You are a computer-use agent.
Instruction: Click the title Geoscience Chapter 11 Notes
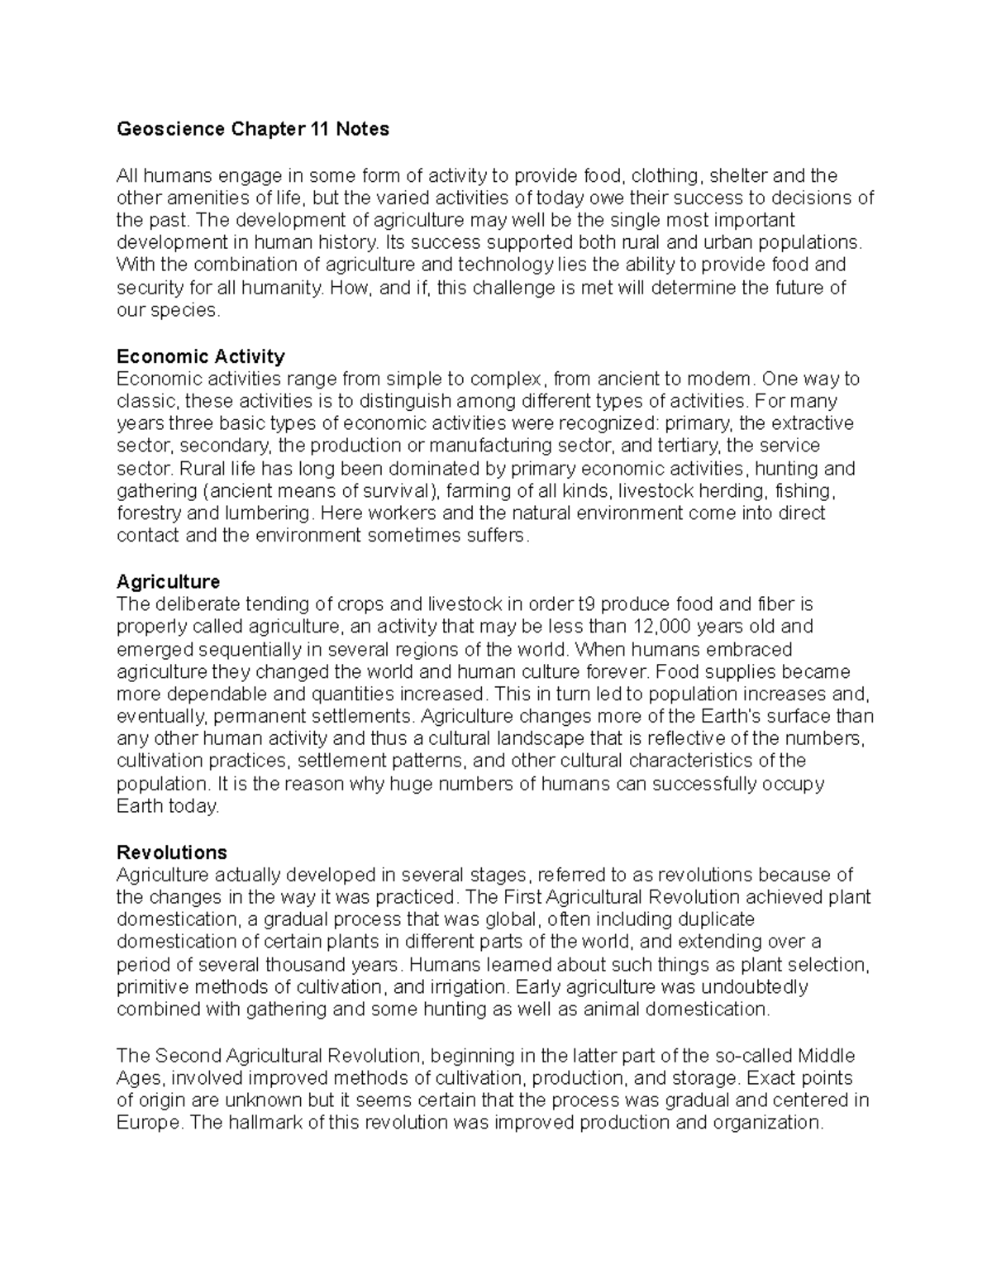point(252,129)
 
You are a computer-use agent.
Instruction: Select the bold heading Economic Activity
point(201,356)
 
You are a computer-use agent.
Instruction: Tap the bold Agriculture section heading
point(169,581)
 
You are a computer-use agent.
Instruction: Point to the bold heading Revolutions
point(172,852)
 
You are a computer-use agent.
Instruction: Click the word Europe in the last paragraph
point(147,1123)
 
